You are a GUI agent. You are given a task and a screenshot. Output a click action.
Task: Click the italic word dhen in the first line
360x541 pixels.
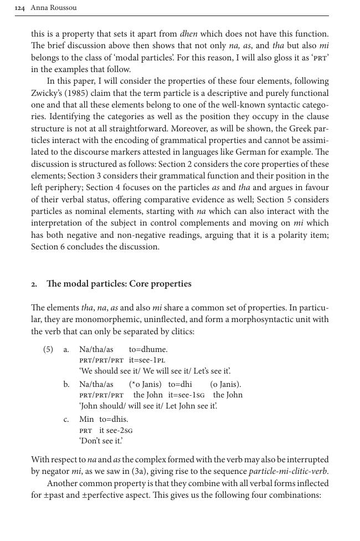click(189, 34)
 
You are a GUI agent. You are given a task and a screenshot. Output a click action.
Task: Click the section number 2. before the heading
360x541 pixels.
click(34, 284)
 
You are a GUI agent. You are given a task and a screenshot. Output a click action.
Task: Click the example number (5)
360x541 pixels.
click(48, 350)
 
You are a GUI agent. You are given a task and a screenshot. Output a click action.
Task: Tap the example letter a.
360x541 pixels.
click(66, 350)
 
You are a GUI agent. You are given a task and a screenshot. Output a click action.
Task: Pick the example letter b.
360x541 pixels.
click(66, 385)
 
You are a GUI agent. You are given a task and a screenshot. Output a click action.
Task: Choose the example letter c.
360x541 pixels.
click(66, 420)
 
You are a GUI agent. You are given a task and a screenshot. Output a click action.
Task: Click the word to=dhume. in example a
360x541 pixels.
click(148, 349)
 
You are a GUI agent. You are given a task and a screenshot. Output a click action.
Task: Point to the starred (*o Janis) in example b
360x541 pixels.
click(145, 384)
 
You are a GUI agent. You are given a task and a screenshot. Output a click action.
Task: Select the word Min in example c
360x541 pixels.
click(86, 419)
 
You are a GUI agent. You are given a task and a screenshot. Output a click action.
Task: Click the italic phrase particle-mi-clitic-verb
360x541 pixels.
click(288, 472)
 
